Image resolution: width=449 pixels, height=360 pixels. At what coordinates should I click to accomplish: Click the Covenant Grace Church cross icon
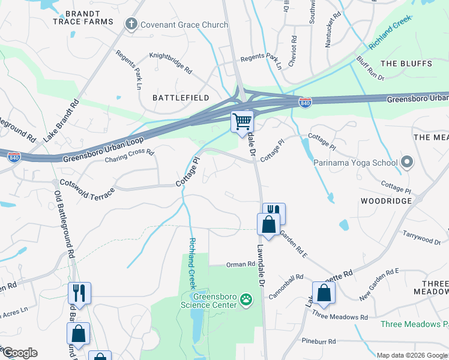coord(131,25)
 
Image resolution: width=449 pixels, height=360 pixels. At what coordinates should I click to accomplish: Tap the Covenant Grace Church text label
coord(184,25)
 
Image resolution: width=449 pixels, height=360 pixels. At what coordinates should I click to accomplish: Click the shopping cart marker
coord(243,121)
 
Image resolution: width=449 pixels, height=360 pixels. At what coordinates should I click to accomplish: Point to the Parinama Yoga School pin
coord(407,162)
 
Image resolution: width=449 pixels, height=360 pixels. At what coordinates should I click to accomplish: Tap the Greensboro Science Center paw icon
coord(246,299)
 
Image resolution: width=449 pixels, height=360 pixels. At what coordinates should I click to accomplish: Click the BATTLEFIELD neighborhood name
coord(181,97)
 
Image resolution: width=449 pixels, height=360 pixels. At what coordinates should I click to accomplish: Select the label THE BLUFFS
coord(406,64)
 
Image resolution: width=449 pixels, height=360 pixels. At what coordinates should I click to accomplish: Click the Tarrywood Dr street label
coord(421,237)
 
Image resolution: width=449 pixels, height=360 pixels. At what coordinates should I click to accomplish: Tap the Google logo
coord(20,353)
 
